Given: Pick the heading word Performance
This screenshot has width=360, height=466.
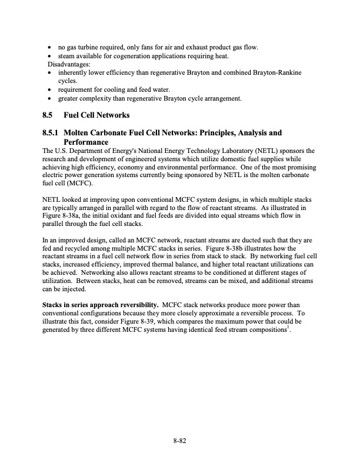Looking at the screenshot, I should [86, 142].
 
